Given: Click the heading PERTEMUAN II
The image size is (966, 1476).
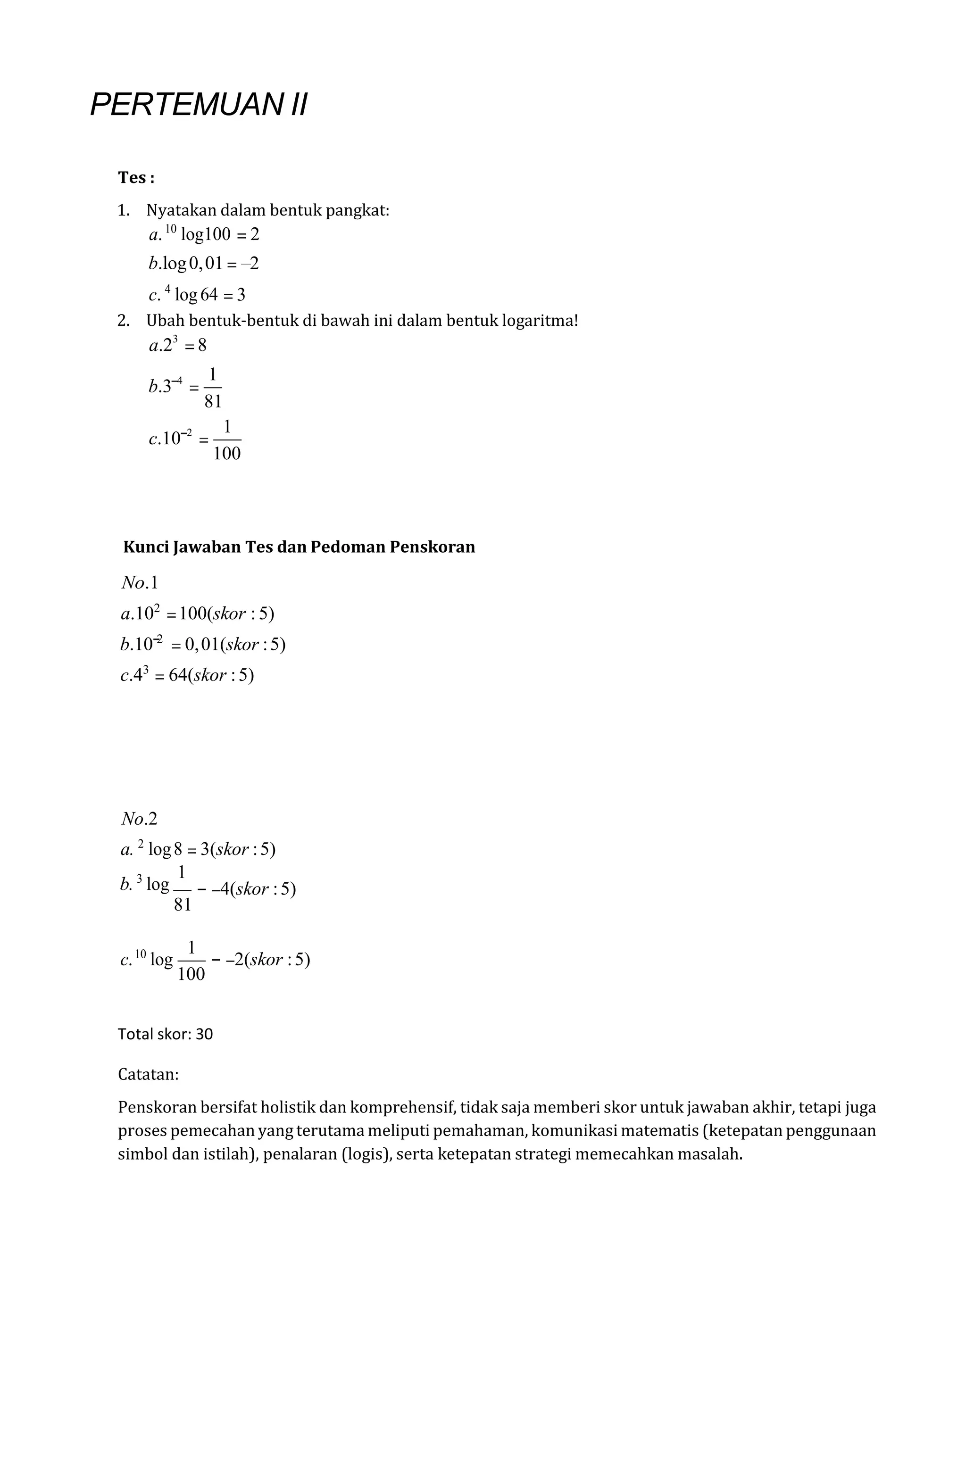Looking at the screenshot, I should tap(199, 104).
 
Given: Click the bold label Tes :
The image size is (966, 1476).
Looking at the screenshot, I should tap(136, 178).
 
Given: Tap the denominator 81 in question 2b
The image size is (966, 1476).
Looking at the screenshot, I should tap(213, 402).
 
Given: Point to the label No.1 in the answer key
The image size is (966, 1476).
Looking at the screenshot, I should tap(140, 583).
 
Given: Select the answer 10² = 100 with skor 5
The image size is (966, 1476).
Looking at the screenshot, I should tap(197, 614).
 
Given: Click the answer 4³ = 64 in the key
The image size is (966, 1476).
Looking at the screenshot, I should tap(187, 675).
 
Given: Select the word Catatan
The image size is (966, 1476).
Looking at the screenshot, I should tap(148, 1075).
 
